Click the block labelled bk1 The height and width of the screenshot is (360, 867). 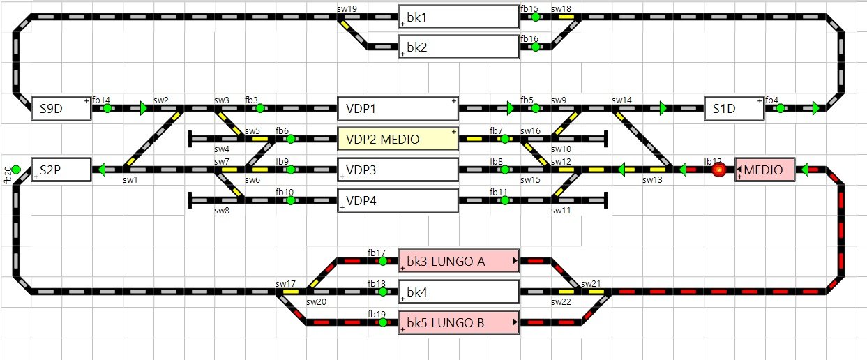(458, 17)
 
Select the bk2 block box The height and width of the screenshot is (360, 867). (458, 47)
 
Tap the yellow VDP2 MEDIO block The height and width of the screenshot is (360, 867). (398, 139)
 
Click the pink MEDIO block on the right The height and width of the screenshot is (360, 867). (765, 170)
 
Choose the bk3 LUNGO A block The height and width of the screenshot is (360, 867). (458, 261)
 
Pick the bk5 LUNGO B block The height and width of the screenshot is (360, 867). (458, 322)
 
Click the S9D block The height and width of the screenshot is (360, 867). (61, 108)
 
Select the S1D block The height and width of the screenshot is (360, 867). (734, 108)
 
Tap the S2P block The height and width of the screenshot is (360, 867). (61, 170)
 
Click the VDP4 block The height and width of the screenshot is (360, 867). (398, 200)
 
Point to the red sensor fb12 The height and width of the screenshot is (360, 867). (718, 170)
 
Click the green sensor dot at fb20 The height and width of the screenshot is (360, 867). (16, 170)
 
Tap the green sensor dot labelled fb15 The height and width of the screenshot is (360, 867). (535, 17)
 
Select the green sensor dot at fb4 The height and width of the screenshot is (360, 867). (780, 108)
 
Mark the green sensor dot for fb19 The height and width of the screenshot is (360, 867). (382, 322)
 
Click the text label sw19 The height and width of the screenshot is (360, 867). (347, 8)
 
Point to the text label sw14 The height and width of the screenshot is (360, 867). (622, 100)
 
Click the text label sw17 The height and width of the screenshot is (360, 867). (285, 284)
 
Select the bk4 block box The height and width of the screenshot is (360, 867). (458, 292)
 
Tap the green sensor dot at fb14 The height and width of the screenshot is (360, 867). (107, 108)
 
